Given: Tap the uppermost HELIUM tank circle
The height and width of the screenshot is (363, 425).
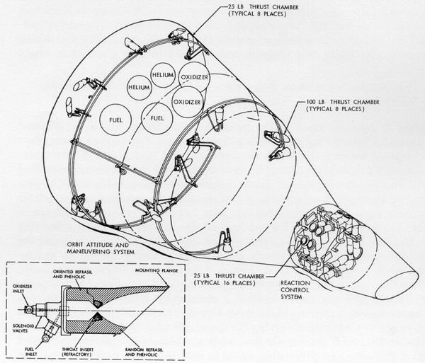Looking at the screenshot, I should tap(164, 76).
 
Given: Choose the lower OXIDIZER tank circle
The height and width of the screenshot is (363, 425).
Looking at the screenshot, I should tap(187, 102).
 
